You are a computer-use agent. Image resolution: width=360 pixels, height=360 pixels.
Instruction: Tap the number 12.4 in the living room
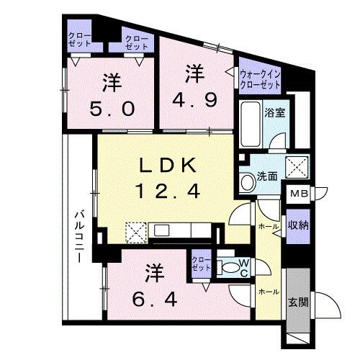(x=166, y=191)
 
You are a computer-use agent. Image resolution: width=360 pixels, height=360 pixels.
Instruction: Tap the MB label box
(x=297, y=194)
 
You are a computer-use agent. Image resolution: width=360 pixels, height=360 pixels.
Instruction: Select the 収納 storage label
(x=297, y=225)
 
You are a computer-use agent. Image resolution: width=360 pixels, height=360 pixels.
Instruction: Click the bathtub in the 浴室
(x=250, y=125)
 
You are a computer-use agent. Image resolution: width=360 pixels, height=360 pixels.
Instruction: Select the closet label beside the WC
(x=202, y=263)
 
